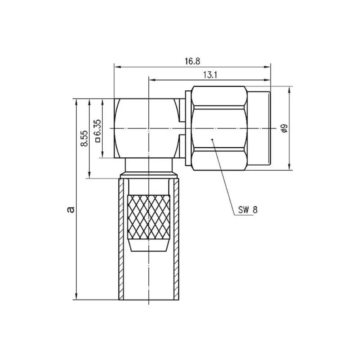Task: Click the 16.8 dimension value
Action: (192, 61)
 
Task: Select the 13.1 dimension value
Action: (210, 75)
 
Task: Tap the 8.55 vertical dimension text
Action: (84, 139)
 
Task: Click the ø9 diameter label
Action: (284, 128)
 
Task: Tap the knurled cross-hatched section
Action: (149, 217)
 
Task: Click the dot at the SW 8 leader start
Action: (212, 139)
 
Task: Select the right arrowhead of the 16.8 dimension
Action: (267, 67)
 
